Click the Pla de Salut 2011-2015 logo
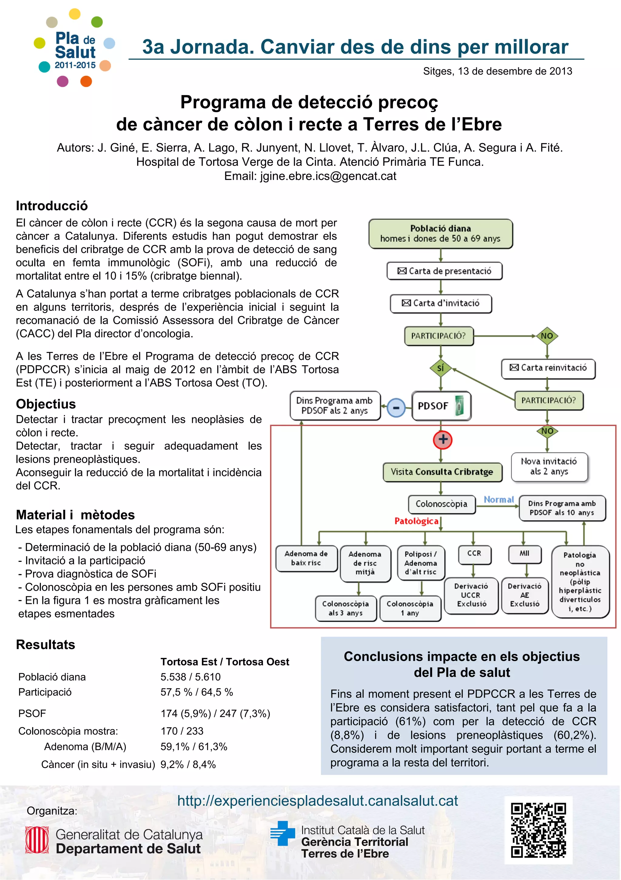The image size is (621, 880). click(75, 48)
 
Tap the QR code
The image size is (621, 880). click(538, 830)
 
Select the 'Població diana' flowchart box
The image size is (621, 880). click(440, 234)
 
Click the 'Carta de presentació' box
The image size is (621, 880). click(445, 271)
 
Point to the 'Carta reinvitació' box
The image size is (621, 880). click(548, 368)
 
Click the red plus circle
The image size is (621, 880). click(442, 440)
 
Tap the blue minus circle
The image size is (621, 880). click(396, 408)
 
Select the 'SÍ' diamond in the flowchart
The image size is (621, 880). click(441, 368)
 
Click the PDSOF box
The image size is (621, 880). click(441, 406)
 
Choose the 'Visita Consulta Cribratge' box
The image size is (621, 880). click(442, 472)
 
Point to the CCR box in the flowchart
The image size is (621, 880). click(474, 554)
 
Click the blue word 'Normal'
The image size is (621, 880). click(498, 500)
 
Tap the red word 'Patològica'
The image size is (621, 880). click(416, 521)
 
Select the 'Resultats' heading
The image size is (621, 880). click(45, 645)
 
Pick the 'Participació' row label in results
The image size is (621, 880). click(45, 692)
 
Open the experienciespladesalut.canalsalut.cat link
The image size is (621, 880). click(317, 801)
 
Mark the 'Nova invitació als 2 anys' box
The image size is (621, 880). click(549, 466)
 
